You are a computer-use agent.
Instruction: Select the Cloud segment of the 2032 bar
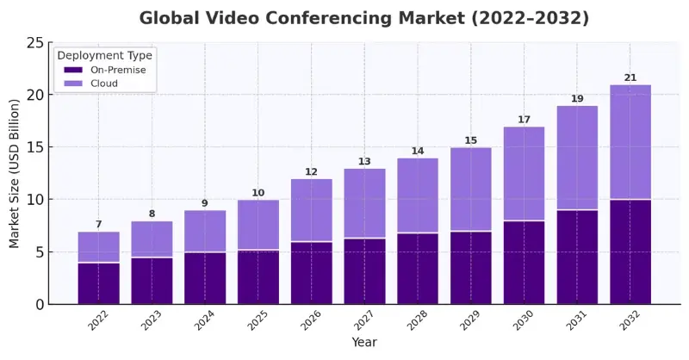630,142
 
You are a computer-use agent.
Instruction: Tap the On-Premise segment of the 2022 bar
99,283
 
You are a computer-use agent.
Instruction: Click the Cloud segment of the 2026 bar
312,210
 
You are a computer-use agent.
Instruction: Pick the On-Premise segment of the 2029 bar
471,268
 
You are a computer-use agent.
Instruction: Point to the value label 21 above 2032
630,78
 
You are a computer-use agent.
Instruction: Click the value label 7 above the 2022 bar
99,225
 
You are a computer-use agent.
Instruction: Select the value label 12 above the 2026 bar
312,172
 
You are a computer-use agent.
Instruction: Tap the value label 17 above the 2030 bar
525,120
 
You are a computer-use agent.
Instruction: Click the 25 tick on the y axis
35,43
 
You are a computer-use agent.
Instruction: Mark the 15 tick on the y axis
35,147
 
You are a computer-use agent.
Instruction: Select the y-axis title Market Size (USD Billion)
15,174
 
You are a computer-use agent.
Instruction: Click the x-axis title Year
364,343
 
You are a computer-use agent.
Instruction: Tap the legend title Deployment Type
104,55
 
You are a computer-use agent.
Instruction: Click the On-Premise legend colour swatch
73,70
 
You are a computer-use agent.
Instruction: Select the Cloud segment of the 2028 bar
418,196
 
